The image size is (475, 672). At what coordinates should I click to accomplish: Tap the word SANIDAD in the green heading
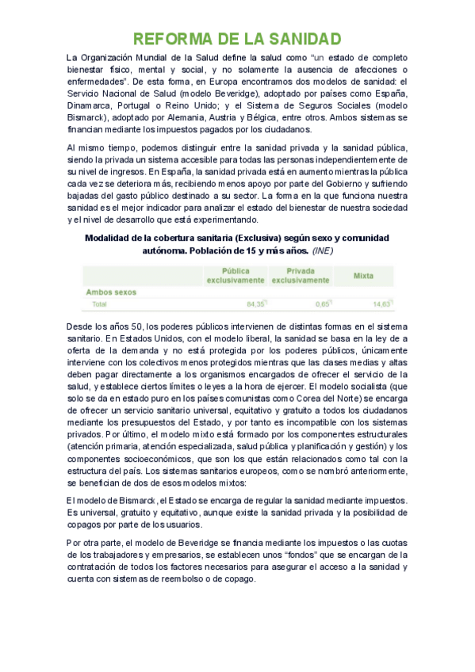(x=304, y=40)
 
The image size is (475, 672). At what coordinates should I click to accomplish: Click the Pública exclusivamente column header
(x=236, y=275)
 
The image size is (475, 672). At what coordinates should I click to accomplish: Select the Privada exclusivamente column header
(x=300, y=275)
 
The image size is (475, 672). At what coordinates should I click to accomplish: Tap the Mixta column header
(x=364, y=276)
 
